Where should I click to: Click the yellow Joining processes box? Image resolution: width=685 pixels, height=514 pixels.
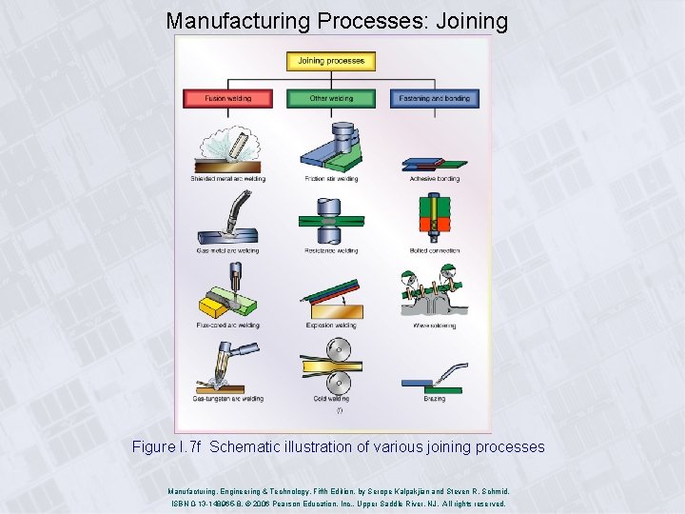point(331,61)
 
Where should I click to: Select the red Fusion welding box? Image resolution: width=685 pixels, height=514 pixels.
point(227,98)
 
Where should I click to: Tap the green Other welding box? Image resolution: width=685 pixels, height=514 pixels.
point(331,98)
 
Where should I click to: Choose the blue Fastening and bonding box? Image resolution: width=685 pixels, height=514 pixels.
point(434,98)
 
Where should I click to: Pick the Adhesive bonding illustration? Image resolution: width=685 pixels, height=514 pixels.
point(434,165)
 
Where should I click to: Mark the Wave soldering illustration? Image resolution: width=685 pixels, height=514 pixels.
point(434,293)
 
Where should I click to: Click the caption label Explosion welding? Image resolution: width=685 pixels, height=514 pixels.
point(331,326)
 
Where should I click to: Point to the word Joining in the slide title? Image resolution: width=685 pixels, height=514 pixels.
point(471,20)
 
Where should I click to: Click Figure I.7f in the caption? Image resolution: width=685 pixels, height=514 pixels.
point(167,447)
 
